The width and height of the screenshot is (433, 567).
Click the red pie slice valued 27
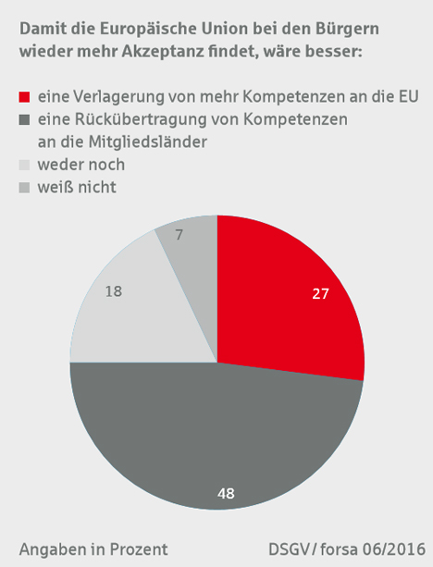coord(286,303)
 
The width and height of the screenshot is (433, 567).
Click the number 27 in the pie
coord(320,294)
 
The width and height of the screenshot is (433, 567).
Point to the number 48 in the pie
coord(226,494)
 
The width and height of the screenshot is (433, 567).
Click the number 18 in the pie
coord(114,291)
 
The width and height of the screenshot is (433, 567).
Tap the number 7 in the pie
coord(179,236)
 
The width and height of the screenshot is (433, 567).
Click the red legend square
coord(24,97)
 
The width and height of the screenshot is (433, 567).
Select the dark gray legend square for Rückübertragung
coord(24,119)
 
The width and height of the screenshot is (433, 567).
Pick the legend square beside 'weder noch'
coord(24,165)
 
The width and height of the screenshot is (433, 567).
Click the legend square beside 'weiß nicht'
coord(24,188)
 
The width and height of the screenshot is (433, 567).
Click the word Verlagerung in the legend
coord(119,97)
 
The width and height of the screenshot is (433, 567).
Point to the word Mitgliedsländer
coord(148,142)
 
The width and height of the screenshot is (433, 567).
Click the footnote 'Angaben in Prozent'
coord(93,549)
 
